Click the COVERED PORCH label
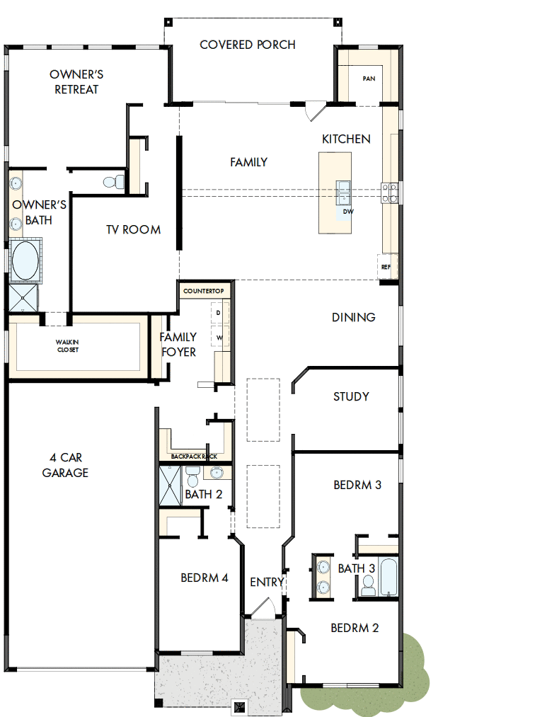248,45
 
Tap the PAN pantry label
368,79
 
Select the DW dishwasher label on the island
347,212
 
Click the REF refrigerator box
386,267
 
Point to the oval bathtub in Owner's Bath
25,261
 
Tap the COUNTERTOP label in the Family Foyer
203,291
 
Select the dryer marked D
218,312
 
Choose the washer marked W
218,338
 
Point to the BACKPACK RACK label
193,457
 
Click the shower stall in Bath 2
170,485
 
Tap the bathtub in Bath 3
388,576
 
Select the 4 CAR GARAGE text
65,465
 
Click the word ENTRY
267,582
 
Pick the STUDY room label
351,396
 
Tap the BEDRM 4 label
204,578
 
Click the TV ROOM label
133,229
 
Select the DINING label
353,317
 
